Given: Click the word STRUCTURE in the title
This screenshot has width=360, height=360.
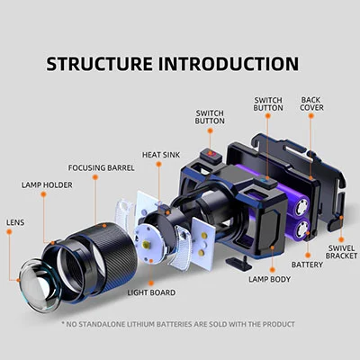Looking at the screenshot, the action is pyautogui.click(x=99, y=64).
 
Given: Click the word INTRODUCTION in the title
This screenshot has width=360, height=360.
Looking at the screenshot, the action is pyautogui.click(x=229, y=64).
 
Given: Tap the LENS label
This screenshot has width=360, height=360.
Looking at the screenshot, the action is pyautogui.click(x=15, y=222).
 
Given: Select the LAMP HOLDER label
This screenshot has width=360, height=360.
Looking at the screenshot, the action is pyautogui.click(x=47, y=184).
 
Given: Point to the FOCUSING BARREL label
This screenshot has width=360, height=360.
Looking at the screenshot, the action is pyautogui.click(x=102, y=167).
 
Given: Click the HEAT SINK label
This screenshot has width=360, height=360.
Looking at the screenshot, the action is pyautogui.click(x=161, y=155).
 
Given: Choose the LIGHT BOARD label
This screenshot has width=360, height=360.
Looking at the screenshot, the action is pyautogui.click(x=151, y=292).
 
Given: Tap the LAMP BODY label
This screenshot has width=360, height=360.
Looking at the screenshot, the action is pyautogui.click(x=270, y=279).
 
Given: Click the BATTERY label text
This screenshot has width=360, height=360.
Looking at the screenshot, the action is pyautogui.click(x=307, y=265).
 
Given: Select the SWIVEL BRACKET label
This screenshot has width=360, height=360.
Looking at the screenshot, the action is pyautogui.click(x=341, y=252).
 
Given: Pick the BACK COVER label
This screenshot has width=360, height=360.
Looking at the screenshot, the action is pyautogui.click(x=311, y=103).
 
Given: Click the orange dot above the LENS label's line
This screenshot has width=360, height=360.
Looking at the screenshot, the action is pyautogui.click(x=9, y=232).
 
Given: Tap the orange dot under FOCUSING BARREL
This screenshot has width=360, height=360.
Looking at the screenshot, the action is pyautogui.click(x=95, y=177).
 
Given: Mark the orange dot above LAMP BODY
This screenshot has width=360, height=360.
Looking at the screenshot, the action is pyautogui.click(x=273, y=270).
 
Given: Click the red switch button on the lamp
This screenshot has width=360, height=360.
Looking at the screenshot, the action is pyautogui.click(x=211, y=154).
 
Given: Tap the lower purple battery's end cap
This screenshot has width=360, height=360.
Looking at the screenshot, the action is pyautogui.click(x=302, y=230).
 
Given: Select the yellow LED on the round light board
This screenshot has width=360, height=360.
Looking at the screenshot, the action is pyautogui.click(x=146, y=244).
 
